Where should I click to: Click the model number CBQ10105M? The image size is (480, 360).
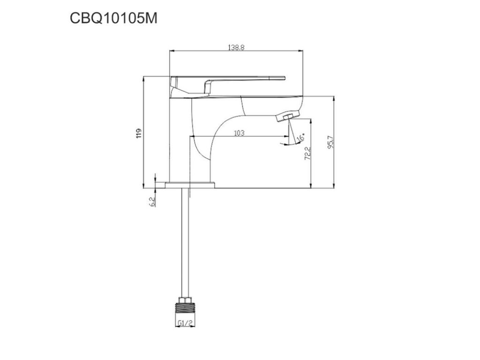coord(113,19)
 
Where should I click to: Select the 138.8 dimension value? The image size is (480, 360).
coord(236,47)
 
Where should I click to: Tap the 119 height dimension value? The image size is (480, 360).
coord(139,133)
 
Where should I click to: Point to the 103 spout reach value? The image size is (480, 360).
coord(239,133)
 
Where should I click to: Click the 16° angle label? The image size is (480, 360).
coord(301,137)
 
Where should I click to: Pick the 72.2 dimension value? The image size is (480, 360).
coord(307,153)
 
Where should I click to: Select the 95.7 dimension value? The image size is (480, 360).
coord(330,142)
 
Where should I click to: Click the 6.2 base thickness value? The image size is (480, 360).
coord(152,202)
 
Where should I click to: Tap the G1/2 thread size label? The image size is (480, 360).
coord(185,322)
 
